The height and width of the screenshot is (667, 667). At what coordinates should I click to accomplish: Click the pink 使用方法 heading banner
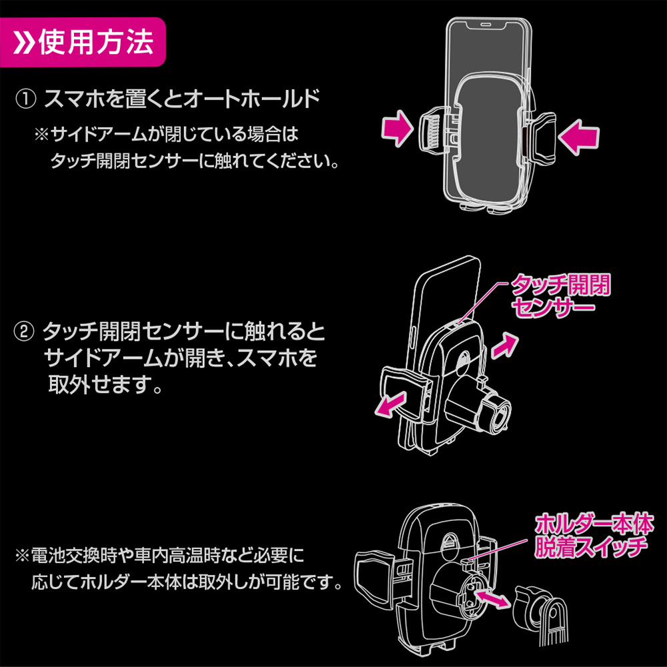[83, 41]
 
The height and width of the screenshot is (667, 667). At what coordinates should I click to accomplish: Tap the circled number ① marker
[25, 99]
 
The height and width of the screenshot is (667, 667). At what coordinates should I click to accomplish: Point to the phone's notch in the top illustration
[488, 25]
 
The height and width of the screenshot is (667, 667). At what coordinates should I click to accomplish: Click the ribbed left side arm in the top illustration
[433, 132]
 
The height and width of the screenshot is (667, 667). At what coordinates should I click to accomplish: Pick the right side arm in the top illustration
[541, 138]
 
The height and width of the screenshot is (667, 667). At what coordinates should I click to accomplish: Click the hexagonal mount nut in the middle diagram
[496, 413]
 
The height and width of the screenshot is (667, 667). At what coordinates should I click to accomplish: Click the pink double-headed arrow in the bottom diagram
[492, 598]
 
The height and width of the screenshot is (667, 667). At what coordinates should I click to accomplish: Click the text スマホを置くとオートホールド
[182, 99]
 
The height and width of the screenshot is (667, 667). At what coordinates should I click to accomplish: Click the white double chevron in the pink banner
[23, 42]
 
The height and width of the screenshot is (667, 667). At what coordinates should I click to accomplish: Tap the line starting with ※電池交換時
[160, 556]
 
